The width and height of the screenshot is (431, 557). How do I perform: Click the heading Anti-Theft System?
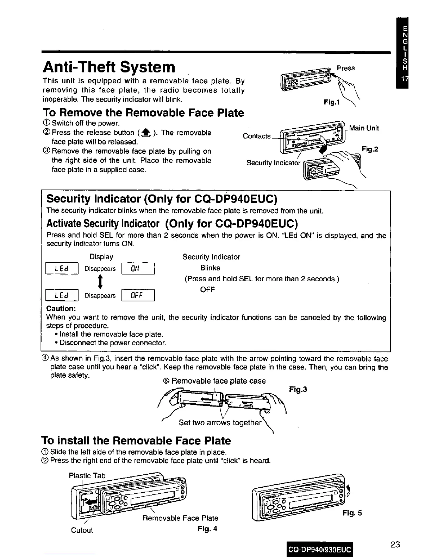pyautogui.click(x=108, y=67)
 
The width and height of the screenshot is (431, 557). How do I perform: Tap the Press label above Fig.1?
pyautogui.click(x=345, y=68)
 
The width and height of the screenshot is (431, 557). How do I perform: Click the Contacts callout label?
pyautogui.click(x=257, y=136)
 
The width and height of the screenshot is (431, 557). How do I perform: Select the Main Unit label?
pyautogui.click(x=364, y=128)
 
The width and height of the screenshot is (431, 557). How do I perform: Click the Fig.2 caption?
pyautogui.click(x=370, y=149)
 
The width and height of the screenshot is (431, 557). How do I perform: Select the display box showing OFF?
pyautogui.click(x=138, y=295)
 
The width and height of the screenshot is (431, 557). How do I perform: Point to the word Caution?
pyautogui.click(x=61, y=309)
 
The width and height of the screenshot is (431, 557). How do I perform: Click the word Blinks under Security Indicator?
pyautogui.click(x=210, y=268)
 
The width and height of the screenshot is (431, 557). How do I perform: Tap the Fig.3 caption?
pyautogui.click(x=298, y=390)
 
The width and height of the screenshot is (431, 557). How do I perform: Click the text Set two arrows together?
pyautogui.click(x=220, y=422)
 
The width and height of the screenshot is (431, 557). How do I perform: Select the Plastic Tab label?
pyautogui.click(x=87, y=476)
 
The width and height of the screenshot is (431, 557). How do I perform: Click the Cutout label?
pyautogui.click(x=82, y=530)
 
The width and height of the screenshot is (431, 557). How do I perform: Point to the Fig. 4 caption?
pyautogui.click(x=207, y=529)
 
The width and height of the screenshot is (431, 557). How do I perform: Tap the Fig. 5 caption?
pyautogui.click(x=352, y=513)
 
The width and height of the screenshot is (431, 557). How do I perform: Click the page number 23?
pyautogui.click(x=395, y=545)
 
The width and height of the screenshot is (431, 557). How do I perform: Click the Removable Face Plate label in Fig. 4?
pyautogui.click(x=180, y=518)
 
